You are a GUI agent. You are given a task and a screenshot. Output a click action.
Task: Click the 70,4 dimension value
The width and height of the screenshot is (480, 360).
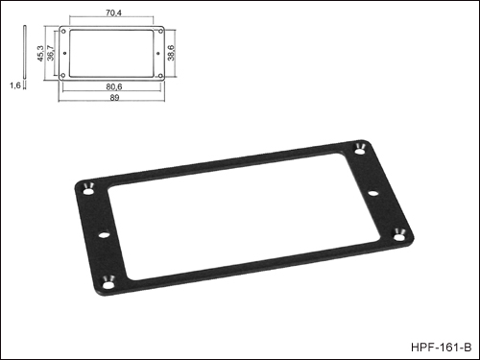113,13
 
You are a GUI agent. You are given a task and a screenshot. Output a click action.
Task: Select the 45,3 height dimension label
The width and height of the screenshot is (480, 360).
40,53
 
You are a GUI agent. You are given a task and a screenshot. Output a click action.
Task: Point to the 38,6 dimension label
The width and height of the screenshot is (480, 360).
171,53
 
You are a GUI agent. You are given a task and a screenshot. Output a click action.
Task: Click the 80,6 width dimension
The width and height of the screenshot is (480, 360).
114,86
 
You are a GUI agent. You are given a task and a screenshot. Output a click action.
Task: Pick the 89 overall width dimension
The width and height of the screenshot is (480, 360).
114,98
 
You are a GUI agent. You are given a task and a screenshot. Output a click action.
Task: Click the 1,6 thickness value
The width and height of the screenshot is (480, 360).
15,85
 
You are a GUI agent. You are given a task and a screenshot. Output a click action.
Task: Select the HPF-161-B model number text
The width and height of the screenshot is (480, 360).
441,348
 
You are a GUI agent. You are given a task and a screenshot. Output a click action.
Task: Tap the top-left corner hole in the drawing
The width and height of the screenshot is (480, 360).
63,32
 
